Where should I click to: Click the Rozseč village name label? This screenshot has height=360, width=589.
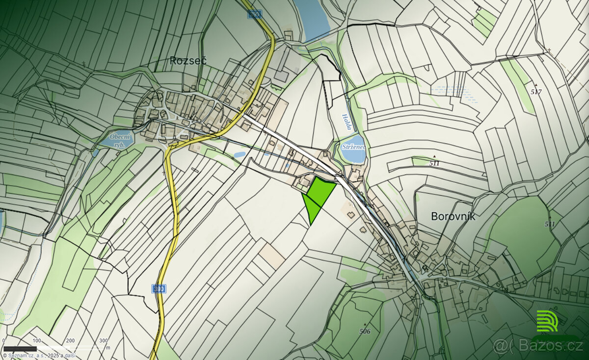[188, 61]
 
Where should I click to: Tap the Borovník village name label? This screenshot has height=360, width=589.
[453, 216]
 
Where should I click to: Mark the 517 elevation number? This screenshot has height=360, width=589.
[536, 92]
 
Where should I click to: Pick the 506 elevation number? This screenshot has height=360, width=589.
[364, 332]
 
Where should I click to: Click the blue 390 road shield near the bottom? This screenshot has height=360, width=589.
[158, 289]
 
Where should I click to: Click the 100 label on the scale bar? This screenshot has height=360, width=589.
[37, 340]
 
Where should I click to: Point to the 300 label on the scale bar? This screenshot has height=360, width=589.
[104, 340]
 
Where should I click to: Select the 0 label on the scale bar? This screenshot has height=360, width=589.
[4, 340]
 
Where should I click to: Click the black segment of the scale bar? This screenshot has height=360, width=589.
[20, 349]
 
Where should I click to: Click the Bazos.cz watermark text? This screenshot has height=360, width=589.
[544, 346]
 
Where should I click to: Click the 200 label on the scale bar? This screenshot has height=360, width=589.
[70, 340]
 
